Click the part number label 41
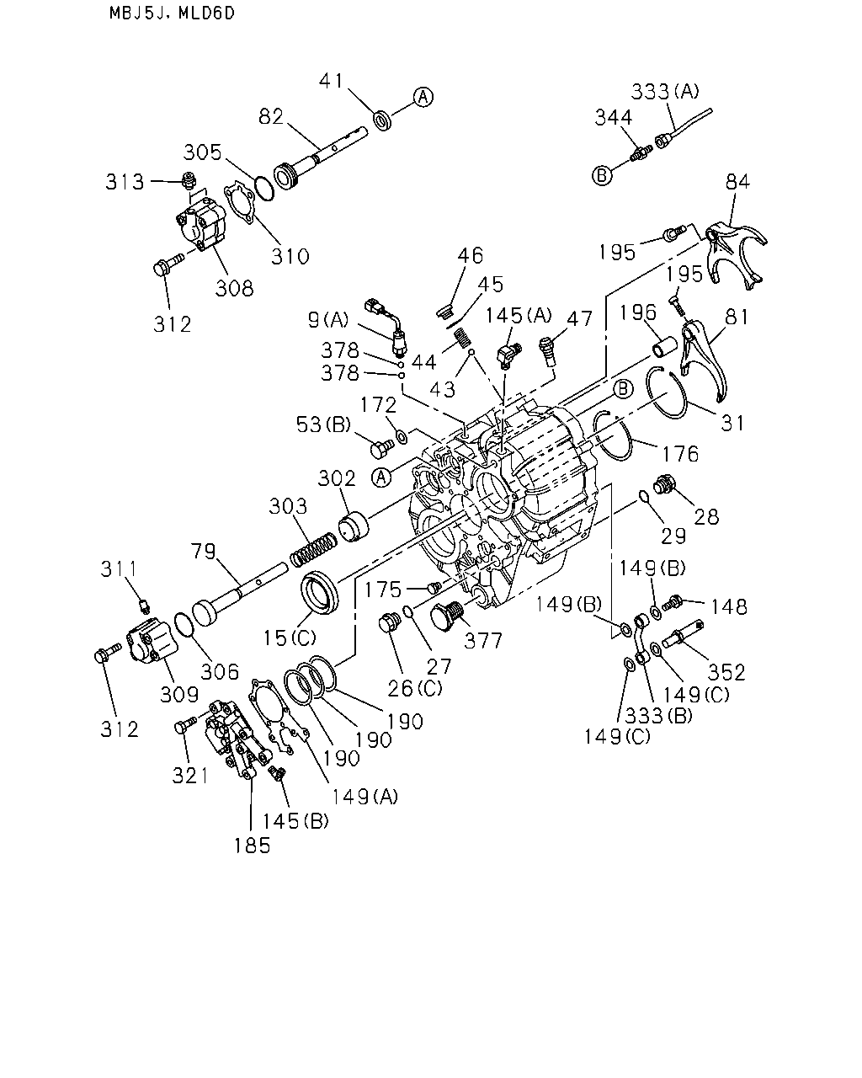click(x=331, y=81)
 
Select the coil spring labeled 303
click(x=315, y=549)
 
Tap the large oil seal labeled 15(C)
click(x=320, y=592)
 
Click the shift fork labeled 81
click(x=702, y=358)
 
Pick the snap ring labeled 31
click(x=666, y=392)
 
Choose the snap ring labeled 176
click(x=613, y=435)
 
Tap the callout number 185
click(x=252, y=846)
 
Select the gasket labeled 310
click(x=240, y=203)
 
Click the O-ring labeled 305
click(x=264, y=188)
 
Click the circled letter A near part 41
click(x=423, y=97)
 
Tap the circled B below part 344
click(x=602, y=175)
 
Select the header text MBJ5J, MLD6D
click(x=172, y=13)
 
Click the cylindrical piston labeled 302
click(x=354, y=526)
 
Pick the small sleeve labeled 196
click(x=664, y=347)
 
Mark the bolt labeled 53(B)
click(x=382, y=448)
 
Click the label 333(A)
click(x=665, y=92)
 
